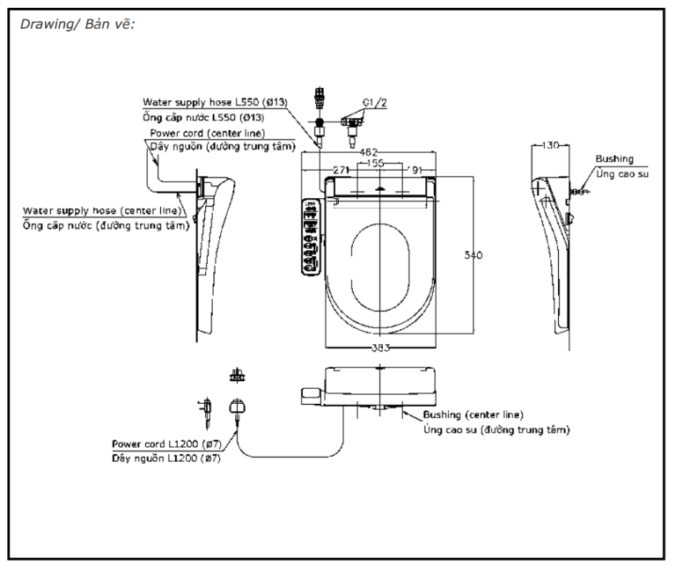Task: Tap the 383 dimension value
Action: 379,347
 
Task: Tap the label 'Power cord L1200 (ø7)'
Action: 167,444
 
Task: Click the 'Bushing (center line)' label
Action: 474,414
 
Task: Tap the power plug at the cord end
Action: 237,406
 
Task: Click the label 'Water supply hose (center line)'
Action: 104,211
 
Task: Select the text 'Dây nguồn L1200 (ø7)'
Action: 166,458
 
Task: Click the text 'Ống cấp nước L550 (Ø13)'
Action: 203,117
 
